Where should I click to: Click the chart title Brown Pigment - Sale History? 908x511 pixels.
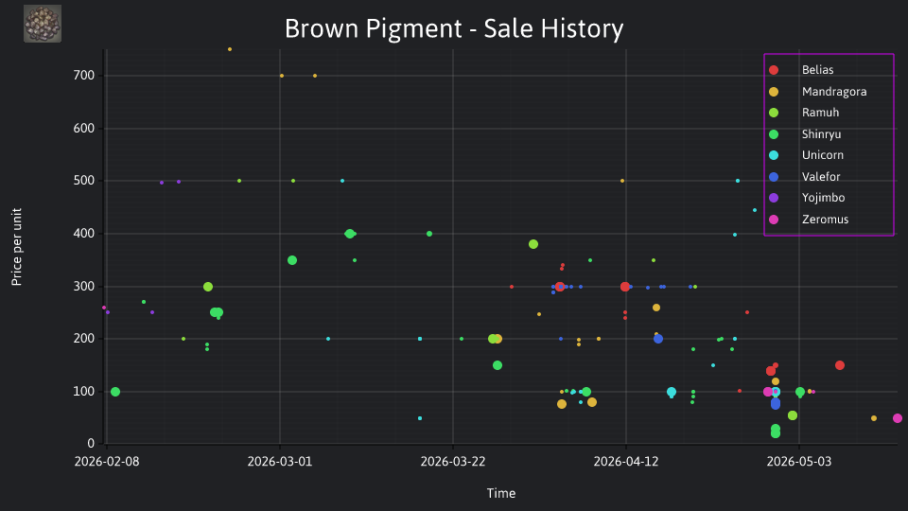coord(454,28)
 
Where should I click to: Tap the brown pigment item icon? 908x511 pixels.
coord(43,24)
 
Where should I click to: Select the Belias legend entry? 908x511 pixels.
coord(801,70)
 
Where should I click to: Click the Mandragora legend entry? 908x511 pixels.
coord(817,92)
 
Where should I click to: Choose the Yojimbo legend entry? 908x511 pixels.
coord(806,198)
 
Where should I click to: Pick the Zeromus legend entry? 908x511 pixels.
coord(808,219)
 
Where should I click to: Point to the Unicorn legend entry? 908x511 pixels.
coord(806,155)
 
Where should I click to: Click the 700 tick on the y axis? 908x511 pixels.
coord(84,76)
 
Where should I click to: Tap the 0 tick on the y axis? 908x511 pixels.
coord(91,444)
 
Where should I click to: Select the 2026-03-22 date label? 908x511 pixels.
coord(453,462)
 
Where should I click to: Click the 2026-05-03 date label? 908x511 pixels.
coord(799,462)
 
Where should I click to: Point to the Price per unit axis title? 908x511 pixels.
coord(17,247)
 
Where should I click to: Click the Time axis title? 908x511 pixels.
coord(501,493)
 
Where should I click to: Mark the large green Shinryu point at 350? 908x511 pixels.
coord(292,260)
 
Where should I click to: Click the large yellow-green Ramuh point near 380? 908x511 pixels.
coord(533,244)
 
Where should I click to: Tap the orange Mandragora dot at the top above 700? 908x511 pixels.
coord(230,49)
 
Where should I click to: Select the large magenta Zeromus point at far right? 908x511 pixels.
coord(898,418)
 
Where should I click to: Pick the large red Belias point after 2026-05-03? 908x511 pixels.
coord(840,365)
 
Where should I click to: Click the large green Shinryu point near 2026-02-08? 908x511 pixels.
coord(115,392)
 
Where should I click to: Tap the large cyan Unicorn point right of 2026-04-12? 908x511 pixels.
coord(672,392)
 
